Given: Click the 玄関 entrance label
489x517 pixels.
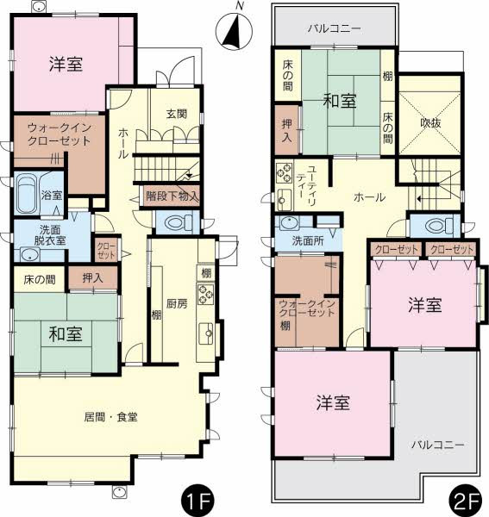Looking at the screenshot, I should click(178, 114).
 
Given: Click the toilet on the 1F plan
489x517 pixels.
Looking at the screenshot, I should click(175, 222).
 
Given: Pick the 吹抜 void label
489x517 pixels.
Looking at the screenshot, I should click(430, 123).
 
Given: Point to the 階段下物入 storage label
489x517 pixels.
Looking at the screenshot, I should click(172, 196).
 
